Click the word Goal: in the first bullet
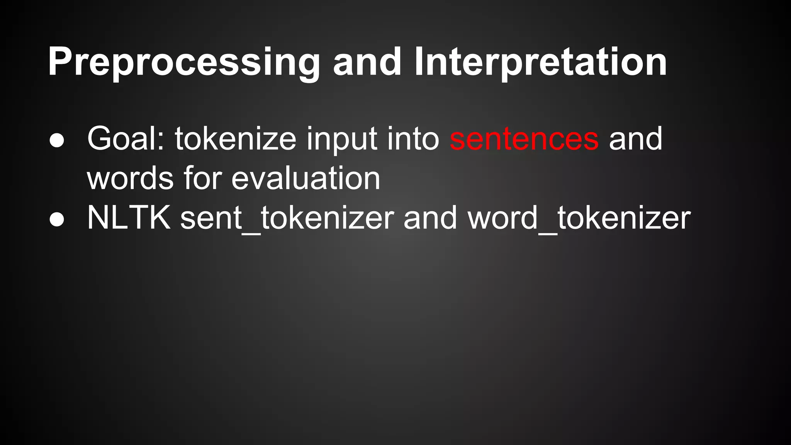point(126,139)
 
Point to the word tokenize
point(235,139)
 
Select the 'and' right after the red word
point(636,139)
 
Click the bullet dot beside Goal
point(57,141)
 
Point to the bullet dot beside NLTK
point(57,219)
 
